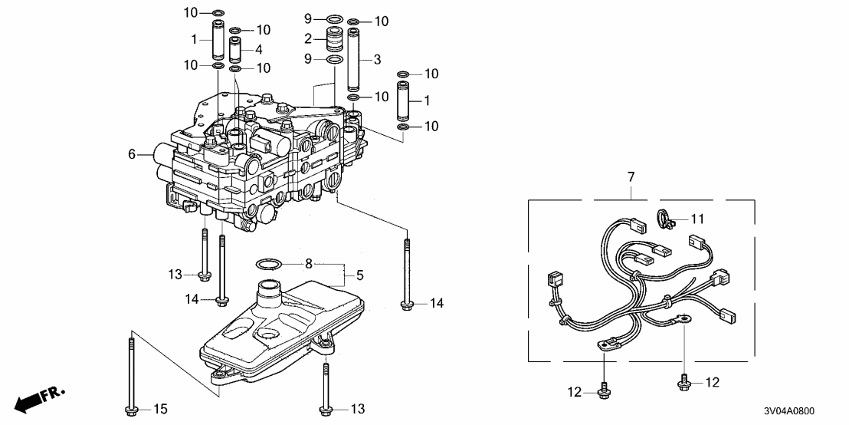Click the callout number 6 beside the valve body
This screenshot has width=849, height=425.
(133, 154)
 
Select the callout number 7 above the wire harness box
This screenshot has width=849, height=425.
(631, 178)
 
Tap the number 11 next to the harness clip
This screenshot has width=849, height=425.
(697, 219)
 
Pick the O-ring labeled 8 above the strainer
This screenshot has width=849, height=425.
(266, 265)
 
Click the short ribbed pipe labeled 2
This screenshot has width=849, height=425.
(334, 39)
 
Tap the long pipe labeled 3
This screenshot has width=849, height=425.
(354, 60)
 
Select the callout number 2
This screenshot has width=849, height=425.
(308, 38)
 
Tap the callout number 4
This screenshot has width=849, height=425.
(260, 49)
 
